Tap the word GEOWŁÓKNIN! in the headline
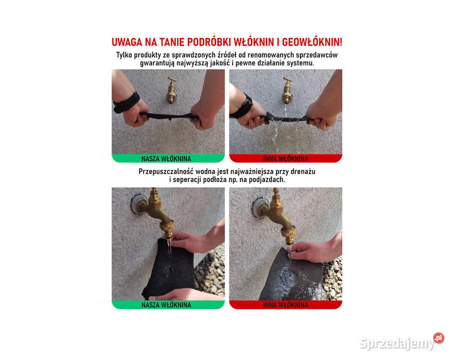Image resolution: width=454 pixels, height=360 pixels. [x=309, y=42]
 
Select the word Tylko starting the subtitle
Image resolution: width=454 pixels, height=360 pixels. [x=125, y=55]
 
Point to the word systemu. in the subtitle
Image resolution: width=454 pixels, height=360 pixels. [x=298, y=63]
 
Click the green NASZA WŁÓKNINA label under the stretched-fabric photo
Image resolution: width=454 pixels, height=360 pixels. [x=168, y=159]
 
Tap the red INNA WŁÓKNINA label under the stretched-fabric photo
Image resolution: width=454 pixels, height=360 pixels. [x=285, y=159]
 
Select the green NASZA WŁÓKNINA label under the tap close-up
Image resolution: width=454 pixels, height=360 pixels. [x=168, y=305]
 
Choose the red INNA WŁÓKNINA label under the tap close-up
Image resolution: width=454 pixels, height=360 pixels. [x=285, y=305]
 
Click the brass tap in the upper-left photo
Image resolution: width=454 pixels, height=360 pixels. [x=171, y=90]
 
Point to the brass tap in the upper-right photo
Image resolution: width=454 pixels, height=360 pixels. [x=287, y=90]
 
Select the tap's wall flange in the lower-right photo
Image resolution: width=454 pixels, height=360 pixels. [x=259, y=207]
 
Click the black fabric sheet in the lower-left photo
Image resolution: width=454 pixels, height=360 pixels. [x=169, y=270]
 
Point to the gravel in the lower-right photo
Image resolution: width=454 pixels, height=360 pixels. [x=332, y=280]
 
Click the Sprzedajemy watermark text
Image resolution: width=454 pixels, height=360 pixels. [x=396, y=343]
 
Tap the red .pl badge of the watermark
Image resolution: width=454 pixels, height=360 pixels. [x=438, y=338]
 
